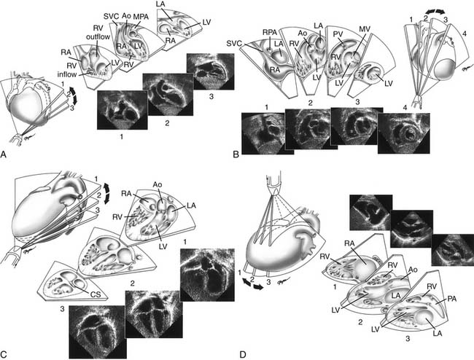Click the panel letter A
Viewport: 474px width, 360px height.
(5, 154)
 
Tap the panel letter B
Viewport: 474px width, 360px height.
(235, 154)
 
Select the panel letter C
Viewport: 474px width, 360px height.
(5, 354)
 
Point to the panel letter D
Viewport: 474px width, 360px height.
(243, 354)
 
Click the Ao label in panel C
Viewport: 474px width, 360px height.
(163, 184)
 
